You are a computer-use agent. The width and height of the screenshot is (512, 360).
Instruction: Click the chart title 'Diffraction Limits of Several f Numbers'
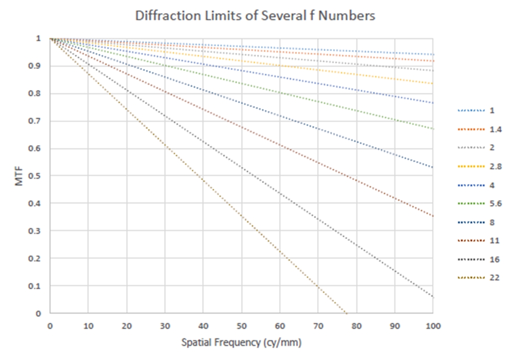(x=255, y=16)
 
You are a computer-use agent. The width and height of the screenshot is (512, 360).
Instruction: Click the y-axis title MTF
(x=19, y=175)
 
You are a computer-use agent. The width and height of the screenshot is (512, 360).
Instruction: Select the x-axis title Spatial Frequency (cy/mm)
(x=241, y=343)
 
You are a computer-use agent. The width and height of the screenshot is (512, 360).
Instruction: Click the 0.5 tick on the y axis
(x=39, y=176)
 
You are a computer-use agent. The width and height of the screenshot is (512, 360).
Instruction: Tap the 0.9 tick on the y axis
(x=39, y=66)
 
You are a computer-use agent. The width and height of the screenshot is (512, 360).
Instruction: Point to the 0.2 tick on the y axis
(x=39, y=258)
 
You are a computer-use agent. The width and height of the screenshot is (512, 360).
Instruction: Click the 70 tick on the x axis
(x=318, y=326)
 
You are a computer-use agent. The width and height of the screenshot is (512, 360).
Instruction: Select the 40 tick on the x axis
(x=203, y=326)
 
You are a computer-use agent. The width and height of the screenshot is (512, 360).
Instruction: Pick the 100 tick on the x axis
(x=433, y=326)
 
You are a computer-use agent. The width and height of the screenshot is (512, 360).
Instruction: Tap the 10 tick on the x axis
(x=88, y=326)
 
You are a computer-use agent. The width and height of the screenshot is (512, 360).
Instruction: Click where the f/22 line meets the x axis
(x=346, y=313)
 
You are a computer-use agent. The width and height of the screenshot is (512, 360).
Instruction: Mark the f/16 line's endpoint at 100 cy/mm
(x=433, y=297)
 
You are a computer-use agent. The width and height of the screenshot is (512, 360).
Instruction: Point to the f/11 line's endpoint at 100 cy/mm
(x=433, y=216)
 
